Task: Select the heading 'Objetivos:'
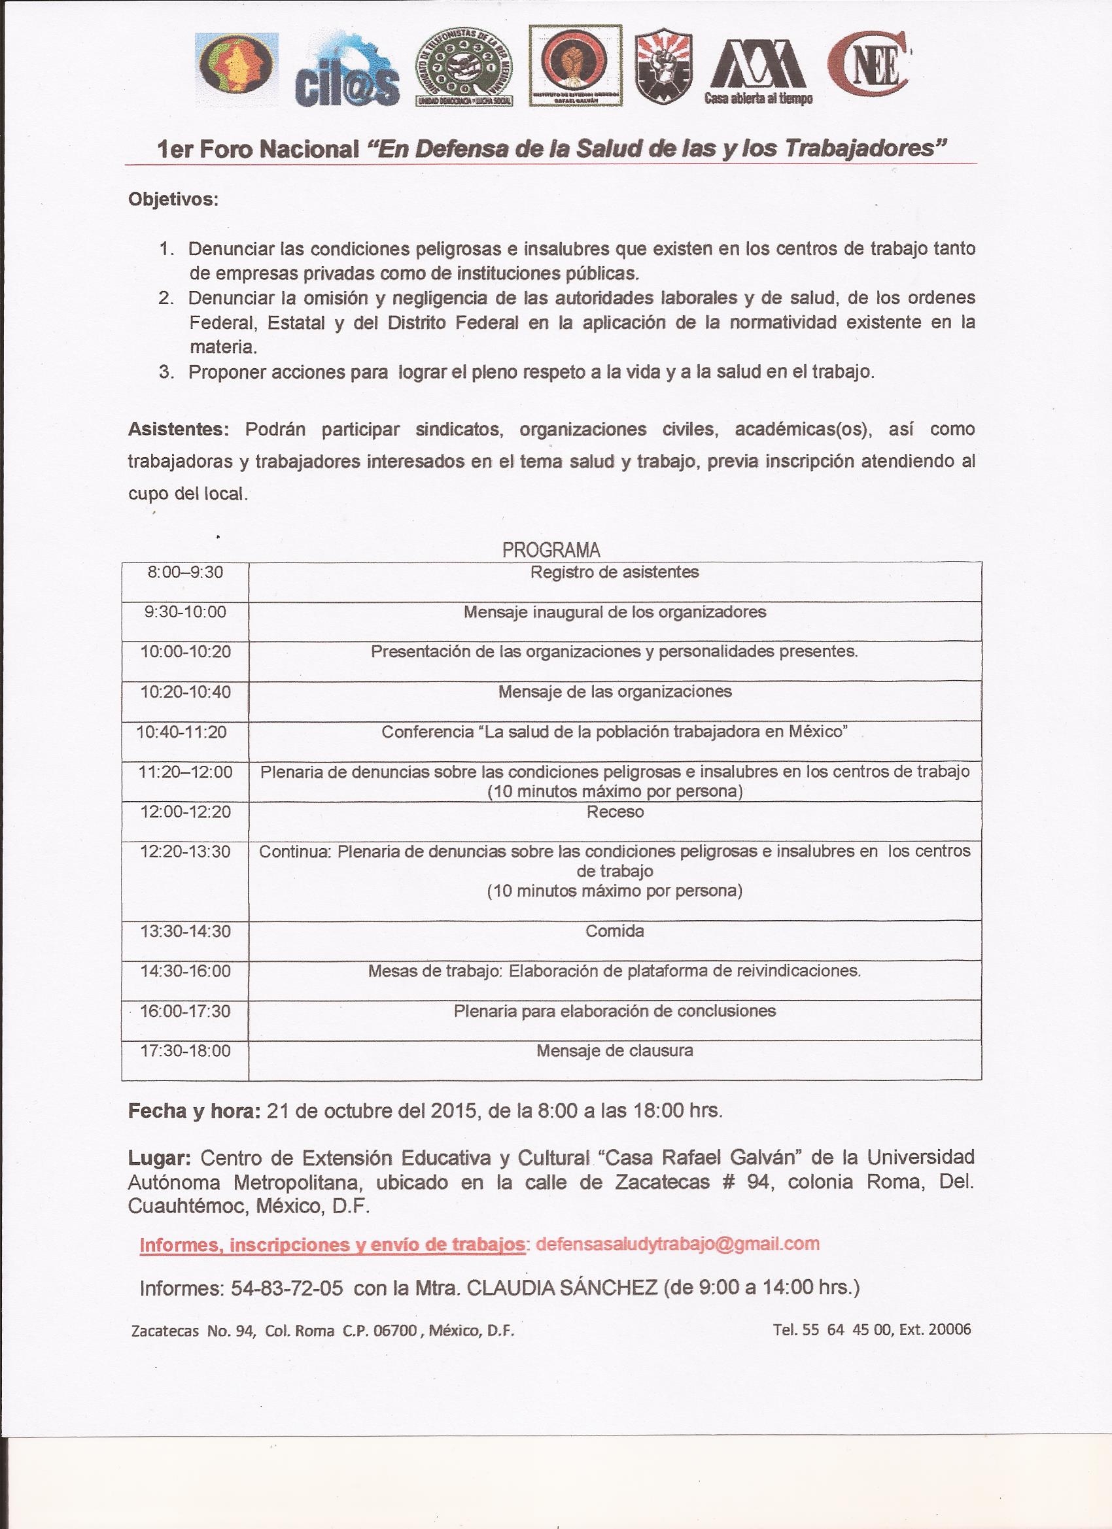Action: coord(173,200)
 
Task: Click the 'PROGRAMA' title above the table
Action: coord(551,550)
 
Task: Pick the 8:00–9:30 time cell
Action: coord(186,572)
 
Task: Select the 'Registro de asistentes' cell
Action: coord(614,572)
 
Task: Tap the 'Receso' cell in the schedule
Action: coord(615,812)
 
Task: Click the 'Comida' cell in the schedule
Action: coord(615,931)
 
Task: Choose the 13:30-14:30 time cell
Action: coord(186,932)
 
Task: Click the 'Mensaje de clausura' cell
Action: coord(614,1050)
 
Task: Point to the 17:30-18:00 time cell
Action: coord(186,1051)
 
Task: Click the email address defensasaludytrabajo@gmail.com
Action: coord(676,1244)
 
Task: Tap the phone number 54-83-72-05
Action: coord(287,1288)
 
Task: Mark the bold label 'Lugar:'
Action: coord(160,1158)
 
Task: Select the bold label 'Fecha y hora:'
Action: coord(194,1111)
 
